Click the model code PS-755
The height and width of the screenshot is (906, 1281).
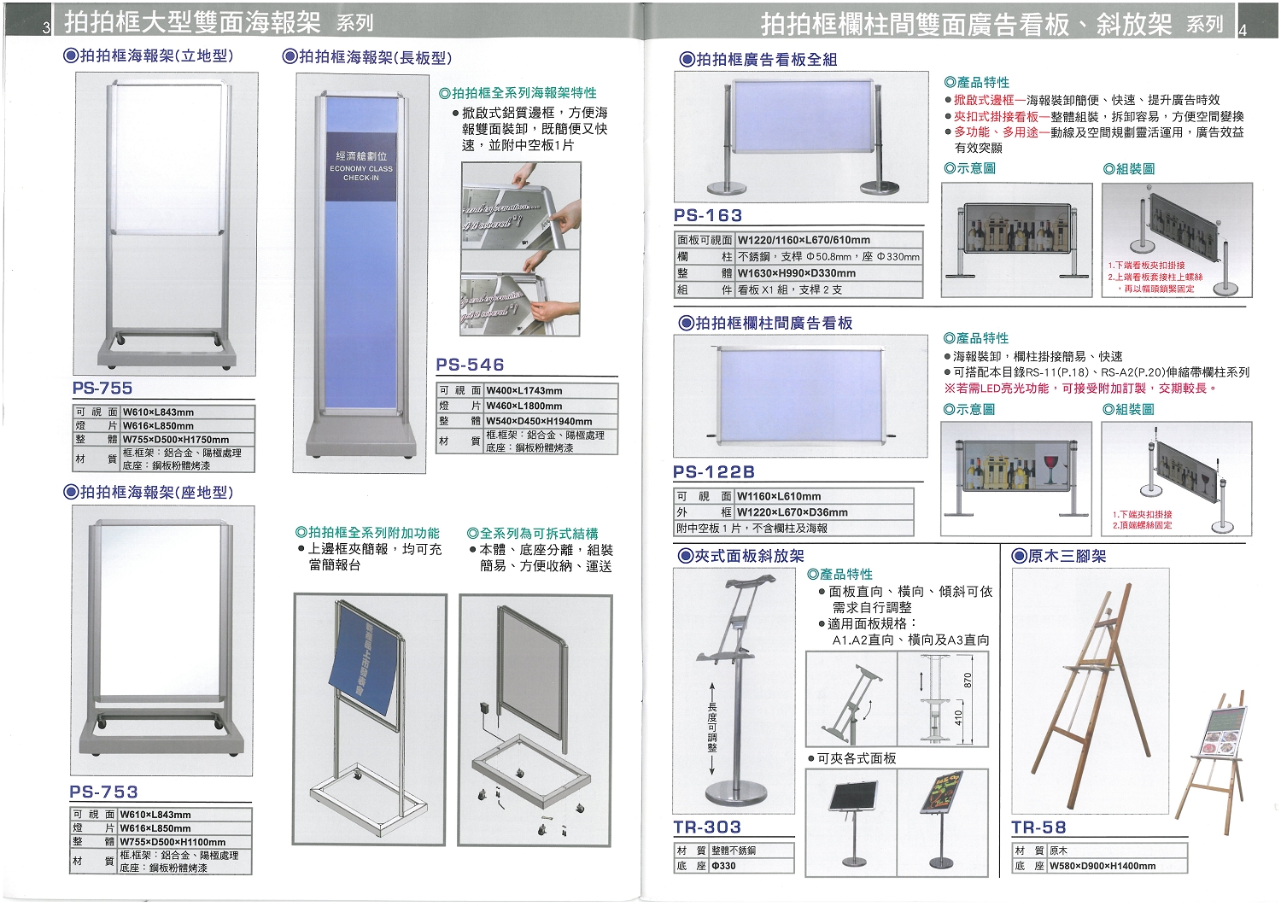[x=102, y=388]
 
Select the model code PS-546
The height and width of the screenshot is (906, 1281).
[x=470, y=365]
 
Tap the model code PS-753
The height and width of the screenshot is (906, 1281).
[x=103, y=792]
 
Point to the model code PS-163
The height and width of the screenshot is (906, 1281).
[x=708, y=215]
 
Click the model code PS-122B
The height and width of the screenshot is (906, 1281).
[x=714, y=471]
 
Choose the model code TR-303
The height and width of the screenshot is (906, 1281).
[x=707, y=827]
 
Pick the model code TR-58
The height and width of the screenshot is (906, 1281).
[x=1038, y=827]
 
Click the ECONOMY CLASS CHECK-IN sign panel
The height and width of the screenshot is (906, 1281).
[x=361, y=167]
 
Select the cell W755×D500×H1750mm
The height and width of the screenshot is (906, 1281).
[x=176, y=439]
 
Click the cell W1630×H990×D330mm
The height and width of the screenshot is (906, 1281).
[x=796, y=273]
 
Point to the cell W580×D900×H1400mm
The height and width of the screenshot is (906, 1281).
[x=1103, y=866]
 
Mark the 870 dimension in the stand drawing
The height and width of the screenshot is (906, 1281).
[x=968, y=680]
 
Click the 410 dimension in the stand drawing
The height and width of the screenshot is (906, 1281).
[x=958, y=717]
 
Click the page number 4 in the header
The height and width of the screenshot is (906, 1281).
[x=1243, y=28]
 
